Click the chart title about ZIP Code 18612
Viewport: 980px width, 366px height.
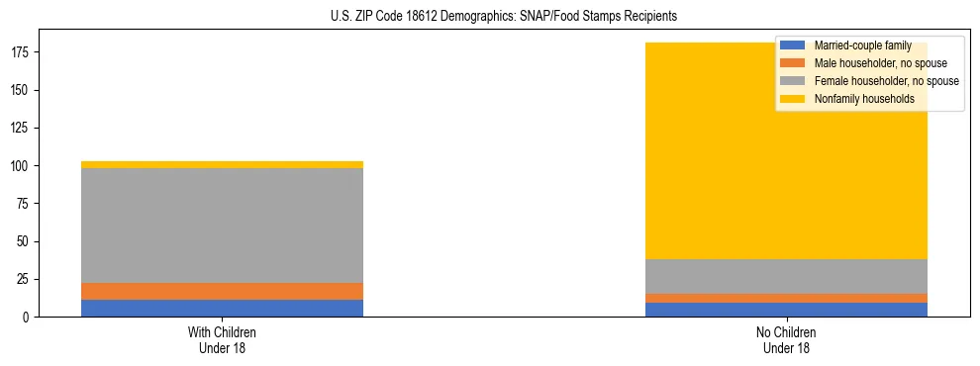tap(504, 17)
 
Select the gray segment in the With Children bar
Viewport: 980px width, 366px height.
tap(222, 226)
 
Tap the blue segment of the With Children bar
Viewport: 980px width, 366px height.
tap(222, 308)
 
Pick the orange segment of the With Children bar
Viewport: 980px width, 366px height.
tap(222, 291)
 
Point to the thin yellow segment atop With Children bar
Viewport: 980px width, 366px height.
tap(222, 164)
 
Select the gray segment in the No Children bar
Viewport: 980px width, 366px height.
tap(786, 276)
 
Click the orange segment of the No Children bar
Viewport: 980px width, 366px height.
tap(786, 298)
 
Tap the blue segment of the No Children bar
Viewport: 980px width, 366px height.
tap(786, 310)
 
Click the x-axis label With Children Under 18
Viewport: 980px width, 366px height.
tap(222, 340)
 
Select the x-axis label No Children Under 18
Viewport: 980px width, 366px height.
tap(786, 340)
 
